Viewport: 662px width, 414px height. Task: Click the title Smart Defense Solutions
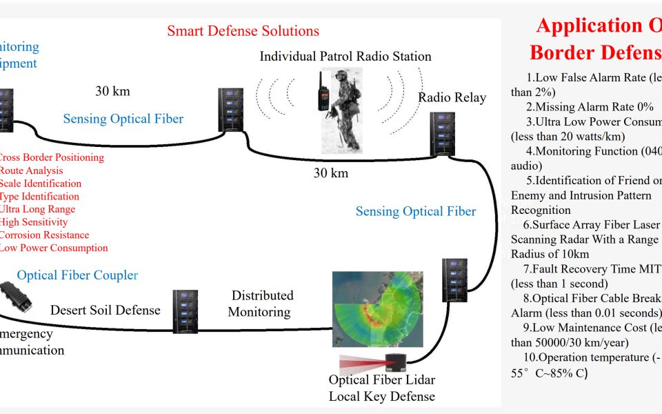243,31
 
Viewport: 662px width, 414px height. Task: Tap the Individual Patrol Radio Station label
345,57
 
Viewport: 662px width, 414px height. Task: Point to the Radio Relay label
452,97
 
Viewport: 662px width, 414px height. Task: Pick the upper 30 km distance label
112,91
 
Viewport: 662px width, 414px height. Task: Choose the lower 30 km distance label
331,173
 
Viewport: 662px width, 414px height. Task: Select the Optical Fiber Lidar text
381,380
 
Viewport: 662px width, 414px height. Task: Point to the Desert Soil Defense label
105,310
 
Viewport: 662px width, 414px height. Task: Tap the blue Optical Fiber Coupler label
77,275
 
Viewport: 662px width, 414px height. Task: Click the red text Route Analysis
32,170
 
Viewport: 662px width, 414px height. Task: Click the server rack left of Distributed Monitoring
185,312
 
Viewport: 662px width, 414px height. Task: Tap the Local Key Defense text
381,396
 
